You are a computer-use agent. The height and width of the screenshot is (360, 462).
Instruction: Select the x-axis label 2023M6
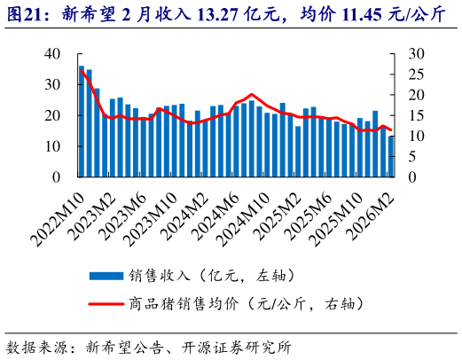(x=121, y=211)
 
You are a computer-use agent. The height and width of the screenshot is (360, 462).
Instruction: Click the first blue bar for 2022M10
(x=82, y=121)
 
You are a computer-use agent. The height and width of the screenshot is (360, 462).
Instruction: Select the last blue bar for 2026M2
(x=391, y=157)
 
